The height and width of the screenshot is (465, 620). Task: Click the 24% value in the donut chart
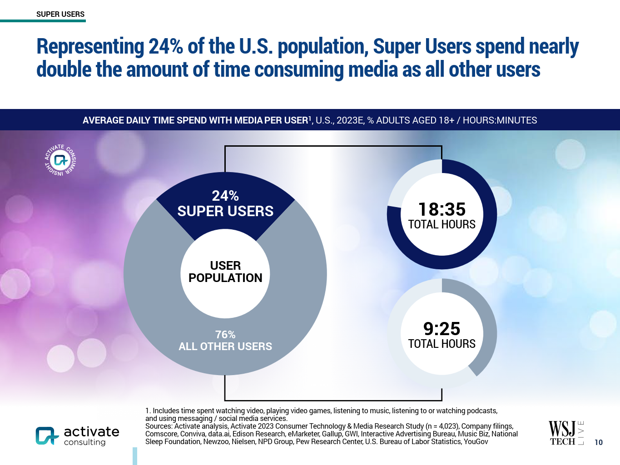click(x=225, y=196)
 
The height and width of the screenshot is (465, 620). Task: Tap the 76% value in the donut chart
click(x=225, y=335)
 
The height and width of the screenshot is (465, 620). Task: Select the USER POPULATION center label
click(x=225, y=272)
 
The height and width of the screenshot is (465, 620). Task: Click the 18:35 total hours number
click(x=442, y=209)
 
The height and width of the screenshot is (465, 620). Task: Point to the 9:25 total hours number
click(x=442, y=329)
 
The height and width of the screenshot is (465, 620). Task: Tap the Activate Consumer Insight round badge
click(x=60, y=160)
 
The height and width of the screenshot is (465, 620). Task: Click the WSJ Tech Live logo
click(x=566, y=433)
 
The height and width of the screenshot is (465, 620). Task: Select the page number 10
click(x=599, y=442)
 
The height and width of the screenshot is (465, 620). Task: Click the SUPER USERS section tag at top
click(x=60, y=14)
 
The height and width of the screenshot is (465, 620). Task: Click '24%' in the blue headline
click(x=165, y=46)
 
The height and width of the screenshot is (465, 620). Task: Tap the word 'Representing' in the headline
click(x=90, y=46)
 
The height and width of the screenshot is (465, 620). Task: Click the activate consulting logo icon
click(x=47, y=435)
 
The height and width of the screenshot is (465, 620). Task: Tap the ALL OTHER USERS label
click(x=225, y=346)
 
